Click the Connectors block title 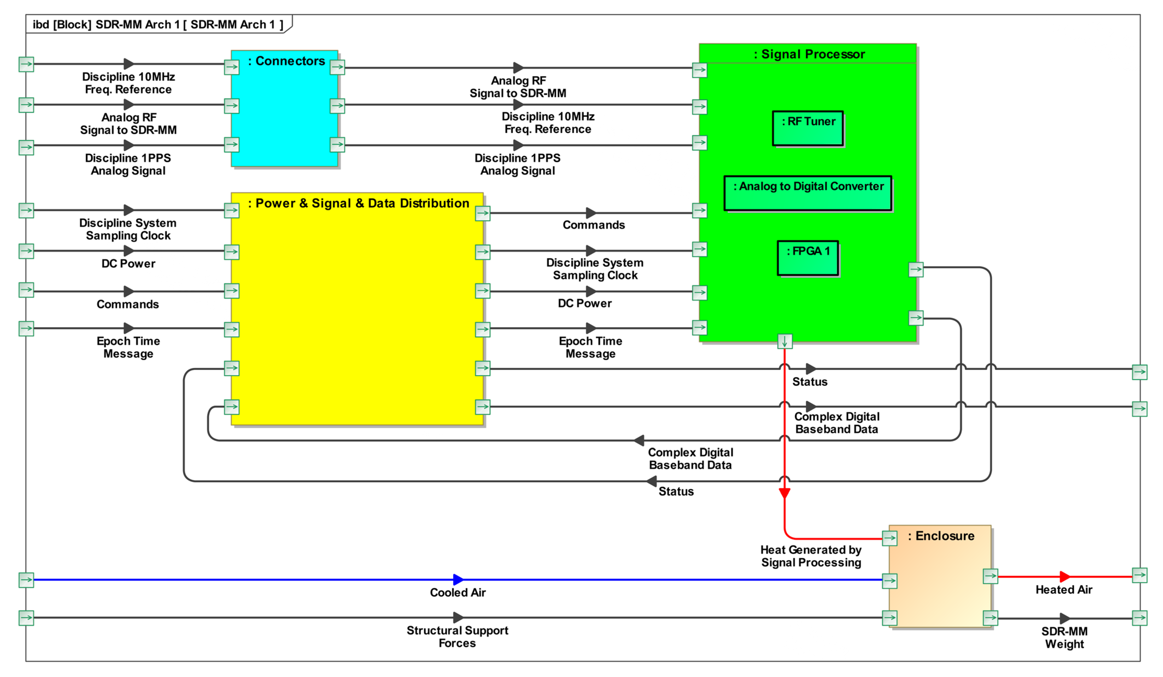point(286,61)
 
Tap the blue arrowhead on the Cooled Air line point(458,579)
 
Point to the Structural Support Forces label point(457,637)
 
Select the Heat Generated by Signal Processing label point(811,556)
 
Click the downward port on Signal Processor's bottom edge point(785,342)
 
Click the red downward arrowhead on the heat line point(785,493)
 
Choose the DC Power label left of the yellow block point(128,263)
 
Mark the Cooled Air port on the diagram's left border point(26,580)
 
